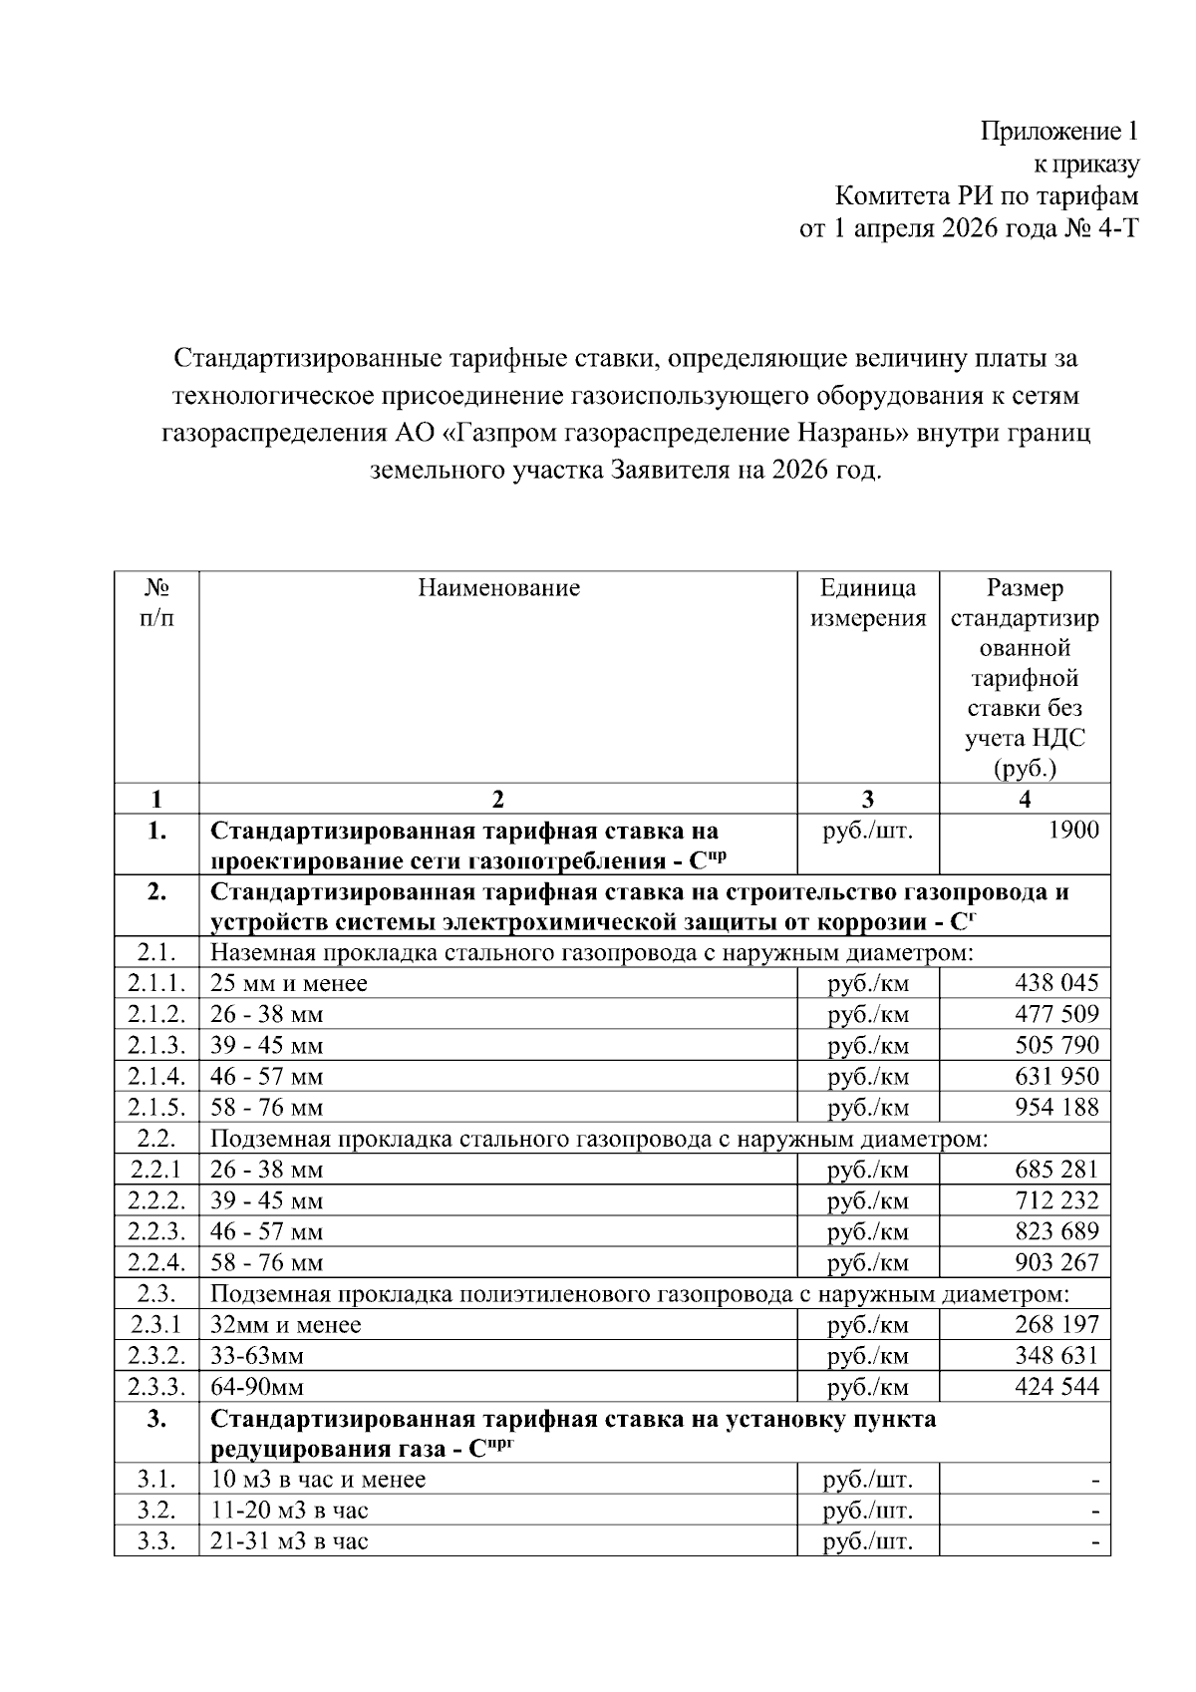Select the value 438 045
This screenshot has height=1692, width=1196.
(x=1056, y=983)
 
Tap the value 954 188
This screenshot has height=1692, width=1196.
(x=1056, y=1107)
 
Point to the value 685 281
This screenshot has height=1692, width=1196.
(x=1056, y=1169)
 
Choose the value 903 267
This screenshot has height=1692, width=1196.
(x=1056, y=1262)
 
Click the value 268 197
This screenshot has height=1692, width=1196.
(x=1056, y=1324)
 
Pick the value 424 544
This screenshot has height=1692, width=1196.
(x=1056, y=1386)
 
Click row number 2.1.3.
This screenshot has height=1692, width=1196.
(x=156, y=1045)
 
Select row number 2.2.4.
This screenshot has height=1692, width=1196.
(x=156, y=1262)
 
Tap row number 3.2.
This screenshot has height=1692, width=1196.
(x=156, y=1510)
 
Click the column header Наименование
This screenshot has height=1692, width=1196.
(x=498, y=588)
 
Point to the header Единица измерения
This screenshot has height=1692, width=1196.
(x=867, y=603)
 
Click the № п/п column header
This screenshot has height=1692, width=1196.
(x=156, y=603)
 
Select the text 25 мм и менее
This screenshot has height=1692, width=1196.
(x=289, y=983)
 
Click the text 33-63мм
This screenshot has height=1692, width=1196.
(x=257, y=1356)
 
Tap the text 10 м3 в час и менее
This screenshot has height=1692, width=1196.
(x=318, y=1479)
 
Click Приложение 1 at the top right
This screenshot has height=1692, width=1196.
(x=1058, y=131)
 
